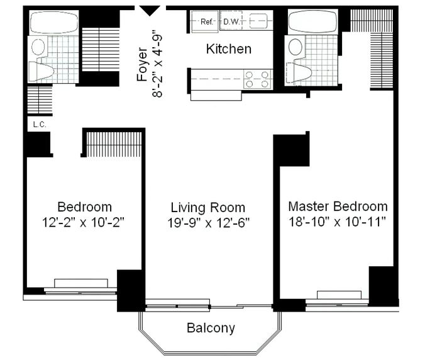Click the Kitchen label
point(229,49)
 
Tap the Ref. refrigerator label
point(207,21)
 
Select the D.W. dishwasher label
point(231,21)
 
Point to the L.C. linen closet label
point(40,125)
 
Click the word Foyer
point(142,64)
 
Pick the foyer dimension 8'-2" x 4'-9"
point(157,64)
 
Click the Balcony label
point(211,328)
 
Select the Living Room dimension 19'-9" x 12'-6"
point(208,223)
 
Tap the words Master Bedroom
point(338,206)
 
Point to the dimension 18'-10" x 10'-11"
point(337,222)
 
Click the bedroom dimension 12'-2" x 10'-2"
point(83,222)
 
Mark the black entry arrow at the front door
point(150,11)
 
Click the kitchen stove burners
point(257,79)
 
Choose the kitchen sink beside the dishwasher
point(258,21)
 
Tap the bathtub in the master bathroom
point(313,21)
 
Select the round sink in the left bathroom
point(38,47)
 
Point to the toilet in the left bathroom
point(41,72)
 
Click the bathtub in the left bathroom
point(54,22)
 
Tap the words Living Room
point(208,208)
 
